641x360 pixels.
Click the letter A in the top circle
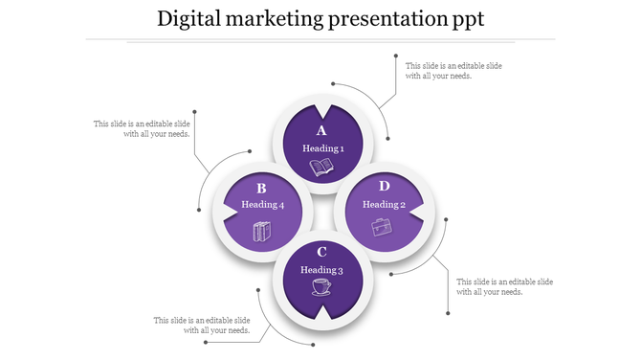click(321, 131)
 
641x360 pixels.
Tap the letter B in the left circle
click(260, 189)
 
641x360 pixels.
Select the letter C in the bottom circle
click(321, 253)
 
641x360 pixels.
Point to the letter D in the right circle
click(384, 186)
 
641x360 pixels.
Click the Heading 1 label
click(322, 148)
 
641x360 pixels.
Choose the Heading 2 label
click(384, 204)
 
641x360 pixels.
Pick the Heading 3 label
click(321, 270)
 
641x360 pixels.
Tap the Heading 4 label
click(262, 205)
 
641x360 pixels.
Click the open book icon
click(321, 168)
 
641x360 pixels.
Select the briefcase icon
click(382, 227)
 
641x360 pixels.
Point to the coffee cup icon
click(321, 287)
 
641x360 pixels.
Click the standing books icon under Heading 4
click(261, 231)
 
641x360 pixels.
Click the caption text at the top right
click(453, 71)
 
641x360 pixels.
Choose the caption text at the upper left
click(142, 128)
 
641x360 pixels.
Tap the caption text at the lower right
click(504, 286)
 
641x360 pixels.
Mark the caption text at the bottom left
click(202, 325)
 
